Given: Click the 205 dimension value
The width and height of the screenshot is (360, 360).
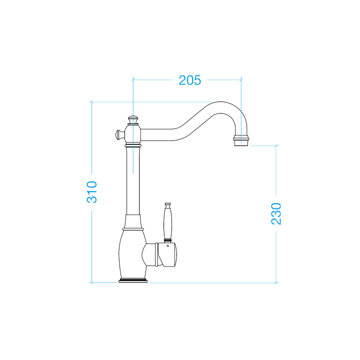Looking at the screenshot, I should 190,80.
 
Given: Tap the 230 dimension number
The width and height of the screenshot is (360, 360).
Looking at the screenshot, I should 276,213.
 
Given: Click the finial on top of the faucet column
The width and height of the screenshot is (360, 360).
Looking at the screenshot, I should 133,119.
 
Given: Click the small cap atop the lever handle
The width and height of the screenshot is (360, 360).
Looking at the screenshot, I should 168,205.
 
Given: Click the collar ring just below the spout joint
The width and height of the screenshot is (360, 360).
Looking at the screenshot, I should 133,145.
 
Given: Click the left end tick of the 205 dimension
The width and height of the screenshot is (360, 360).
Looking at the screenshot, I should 133,79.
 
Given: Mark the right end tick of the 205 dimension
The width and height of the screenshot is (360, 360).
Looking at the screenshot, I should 241,79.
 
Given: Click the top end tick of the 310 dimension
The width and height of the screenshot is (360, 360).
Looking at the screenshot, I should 92,102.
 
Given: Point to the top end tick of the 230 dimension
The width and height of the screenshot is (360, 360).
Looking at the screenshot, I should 276,145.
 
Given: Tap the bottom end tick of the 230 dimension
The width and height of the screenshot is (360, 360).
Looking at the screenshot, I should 276,282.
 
